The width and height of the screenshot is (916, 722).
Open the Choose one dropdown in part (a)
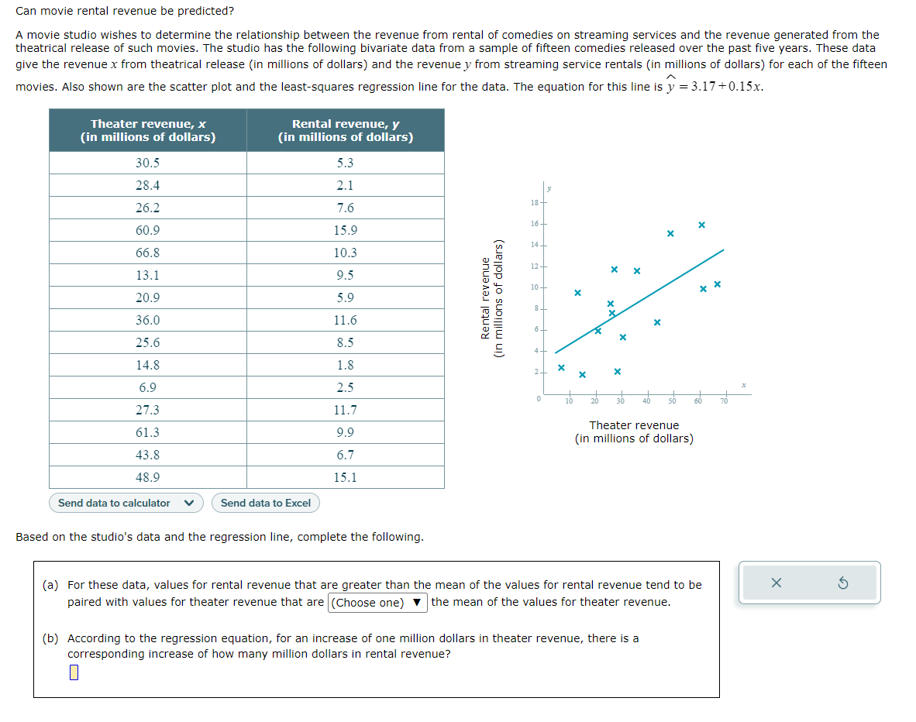point(377,603)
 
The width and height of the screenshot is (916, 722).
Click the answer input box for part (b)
point(74,672)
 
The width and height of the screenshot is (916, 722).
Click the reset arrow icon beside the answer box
point(843,583)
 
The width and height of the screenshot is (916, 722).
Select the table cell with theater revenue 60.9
point(147,230)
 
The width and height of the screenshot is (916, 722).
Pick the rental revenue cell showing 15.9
point(346,230)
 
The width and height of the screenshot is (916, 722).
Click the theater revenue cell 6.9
point(147,387)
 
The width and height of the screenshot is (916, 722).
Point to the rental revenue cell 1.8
point(346,365)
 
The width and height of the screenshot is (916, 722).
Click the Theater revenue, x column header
point(148,130)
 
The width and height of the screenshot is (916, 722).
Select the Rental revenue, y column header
point(346,130)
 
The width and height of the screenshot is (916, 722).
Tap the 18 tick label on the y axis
point(534,203)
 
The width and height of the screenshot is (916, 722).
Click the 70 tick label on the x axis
point(724,401)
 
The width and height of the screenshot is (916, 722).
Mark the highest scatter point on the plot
point(701,225)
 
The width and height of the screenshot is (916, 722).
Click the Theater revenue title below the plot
point(634,425)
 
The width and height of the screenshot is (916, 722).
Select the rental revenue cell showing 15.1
point(346,477)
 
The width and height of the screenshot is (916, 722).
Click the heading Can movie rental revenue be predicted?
point(125,12)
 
